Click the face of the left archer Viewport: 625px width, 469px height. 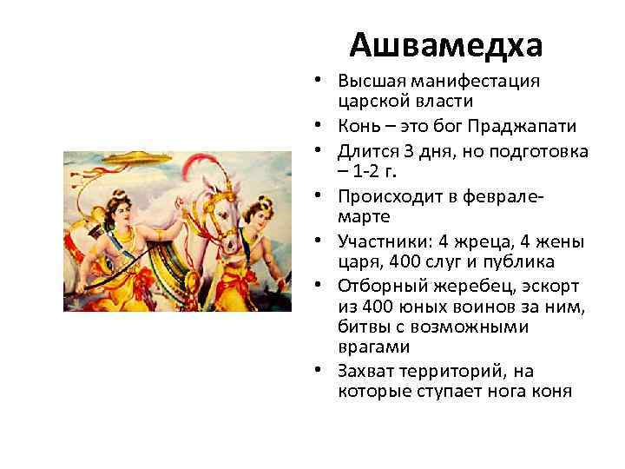pos(114,212)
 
